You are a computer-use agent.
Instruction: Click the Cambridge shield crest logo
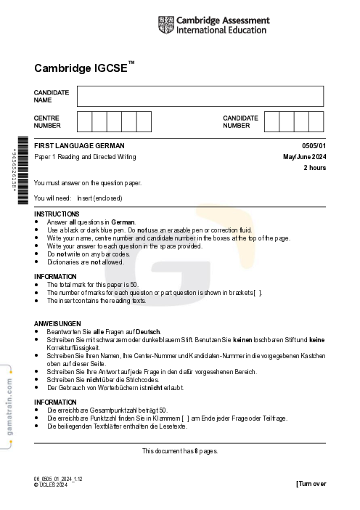[165, 25]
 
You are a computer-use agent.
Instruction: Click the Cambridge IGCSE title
[84, 68]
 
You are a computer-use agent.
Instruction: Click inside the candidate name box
[200, 96]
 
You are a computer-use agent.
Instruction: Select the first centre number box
[84, 121]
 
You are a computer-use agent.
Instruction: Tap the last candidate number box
[316, 121]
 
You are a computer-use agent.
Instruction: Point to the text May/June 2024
[304, 157]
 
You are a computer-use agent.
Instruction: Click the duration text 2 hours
[314, 168]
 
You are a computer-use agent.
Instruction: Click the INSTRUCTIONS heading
[57, 214]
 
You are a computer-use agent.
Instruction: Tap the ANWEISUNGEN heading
[57, 323]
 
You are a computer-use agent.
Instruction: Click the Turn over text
[311, 484]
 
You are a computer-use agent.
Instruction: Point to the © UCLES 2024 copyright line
[51, 485]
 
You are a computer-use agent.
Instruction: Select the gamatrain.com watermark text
[8, 410]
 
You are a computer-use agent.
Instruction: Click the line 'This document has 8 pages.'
[179, 451]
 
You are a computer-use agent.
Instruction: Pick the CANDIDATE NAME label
[52, 96]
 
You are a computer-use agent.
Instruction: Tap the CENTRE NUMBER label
[47, 121]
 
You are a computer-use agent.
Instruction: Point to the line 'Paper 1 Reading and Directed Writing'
[85, 157]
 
